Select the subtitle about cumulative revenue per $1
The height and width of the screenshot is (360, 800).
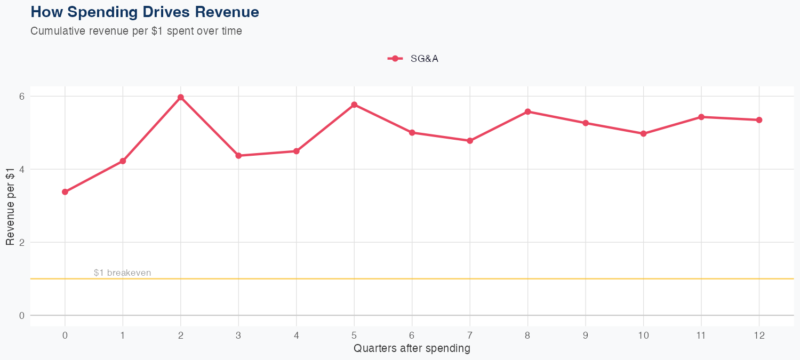[136, 31]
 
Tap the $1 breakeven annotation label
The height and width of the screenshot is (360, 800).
[122, 273]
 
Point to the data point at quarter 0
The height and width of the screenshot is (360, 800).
[65, 192]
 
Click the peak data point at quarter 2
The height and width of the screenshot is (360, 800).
[181, 97]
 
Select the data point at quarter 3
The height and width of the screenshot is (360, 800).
[238, 156]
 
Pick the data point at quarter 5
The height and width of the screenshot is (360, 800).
[354, 105]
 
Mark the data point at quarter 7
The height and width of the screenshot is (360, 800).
[470, 141]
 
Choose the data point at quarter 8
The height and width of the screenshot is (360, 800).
[527, 111]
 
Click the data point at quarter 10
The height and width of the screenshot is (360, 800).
[643, 134]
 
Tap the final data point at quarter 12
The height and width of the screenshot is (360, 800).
[759, 120]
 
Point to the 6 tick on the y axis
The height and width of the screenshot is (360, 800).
[22, 97]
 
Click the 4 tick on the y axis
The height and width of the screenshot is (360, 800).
[22, 170]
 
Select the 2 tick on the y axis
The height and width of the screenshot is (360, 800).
[22, 242]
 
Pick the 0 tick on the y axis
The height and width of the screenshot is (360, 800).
[22, 315]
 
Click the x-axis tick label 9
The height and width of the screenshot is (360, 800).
[586, 335]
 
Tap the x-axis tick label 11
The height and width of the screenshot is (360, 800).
[701, 335]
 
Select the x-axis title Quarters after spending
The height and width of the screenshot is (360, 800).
[412, 349]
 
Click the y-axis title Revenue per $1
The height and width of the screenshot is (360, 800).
[10, 206]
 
